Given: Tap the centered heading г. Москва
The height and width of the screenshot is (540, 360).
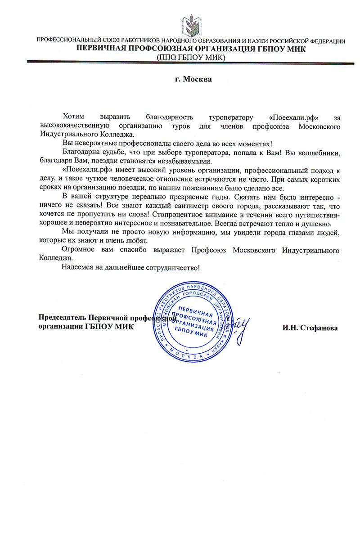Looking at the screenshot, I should (193, 79).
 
